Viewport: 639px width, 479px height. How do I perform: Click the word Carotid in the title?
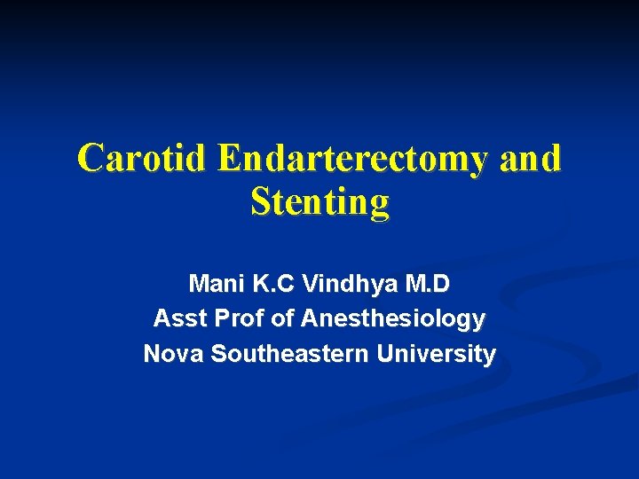point(143,159)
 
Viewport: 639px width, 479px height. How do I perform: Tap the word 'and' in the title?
point(531,159)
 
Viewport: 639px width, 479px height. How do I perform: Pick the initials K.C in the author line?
point(269,284)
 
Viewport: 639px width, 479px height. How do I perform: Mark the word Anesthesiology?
point(393,318)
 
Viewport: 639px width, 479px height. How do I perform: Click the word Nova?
point(173,353)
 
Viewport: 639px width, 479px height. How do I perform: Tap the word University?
point(436,354)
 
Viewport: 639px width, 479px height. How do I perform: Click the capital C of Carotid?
point(90,160)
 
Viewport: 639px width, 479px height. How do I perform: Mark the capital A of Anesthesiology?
point(310,318)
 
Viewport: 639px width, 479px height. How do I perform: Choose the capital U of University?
point(384,353)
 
